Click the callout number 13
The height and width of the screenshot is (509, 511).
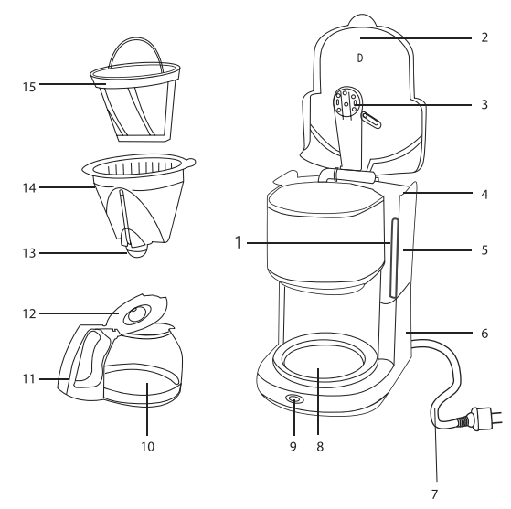(x=29, y=253)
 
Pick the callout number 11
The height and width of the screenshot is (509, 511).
(x=27, y=376)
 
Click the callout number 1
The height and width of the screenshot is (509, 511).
(x=236, y=244)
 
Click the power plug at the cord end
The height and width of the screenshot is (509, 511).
(x=477, y=422)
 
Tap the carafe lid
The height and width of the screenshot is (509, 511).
(x=137, y=313)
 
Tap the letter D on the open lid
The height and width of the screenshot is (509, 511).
(x=359, y=57)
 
